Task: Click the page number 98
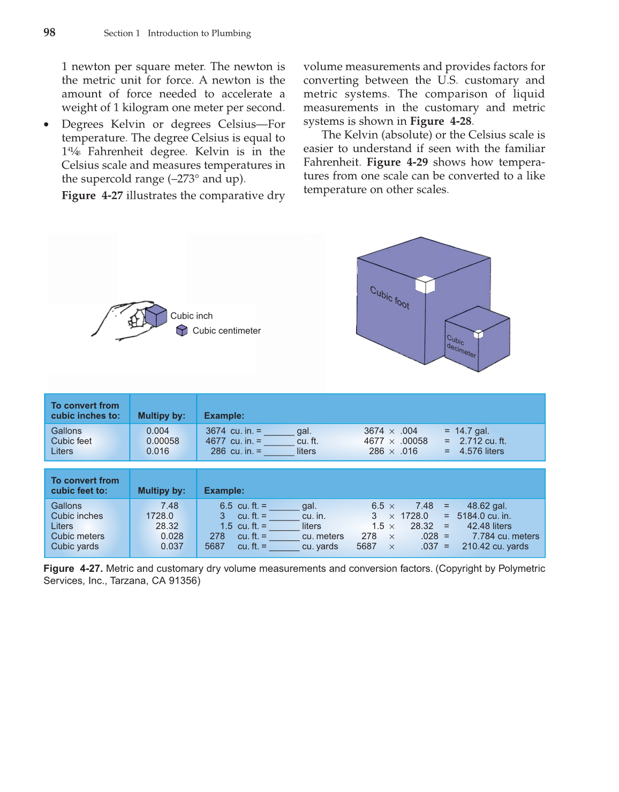point(49,33)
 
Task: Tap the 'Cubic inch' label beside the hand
point(191,316)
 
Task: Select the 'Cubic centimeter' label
point(227,331)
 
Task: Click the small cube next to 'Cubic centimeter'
point(182,330)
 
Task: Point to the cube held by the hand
point(156,315)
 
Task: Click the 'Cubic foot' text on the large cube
point(390,298)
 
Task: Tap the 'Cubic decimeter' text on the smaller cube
point(461,346)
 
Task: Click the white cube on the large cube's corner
point(425,284)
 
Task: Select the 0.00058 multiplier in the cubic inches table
point(163,441)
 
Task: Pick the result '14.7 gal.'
point(472,431)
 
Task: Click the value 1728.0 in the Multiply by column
point(160,516)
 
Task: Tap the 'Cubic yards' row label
point(75,547)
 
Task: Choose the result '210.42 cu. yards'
point(495,547)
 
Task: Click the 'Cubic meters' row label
point(78,537)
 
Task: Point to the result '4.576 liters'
point(481,451)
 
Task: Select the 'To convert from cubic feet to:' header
point(85,486)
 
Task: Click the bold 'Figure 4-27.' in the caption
point(73,569)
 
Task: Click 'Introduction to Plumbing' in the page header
point(199,33)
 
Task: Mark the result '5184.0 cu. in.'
point(484,516)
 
